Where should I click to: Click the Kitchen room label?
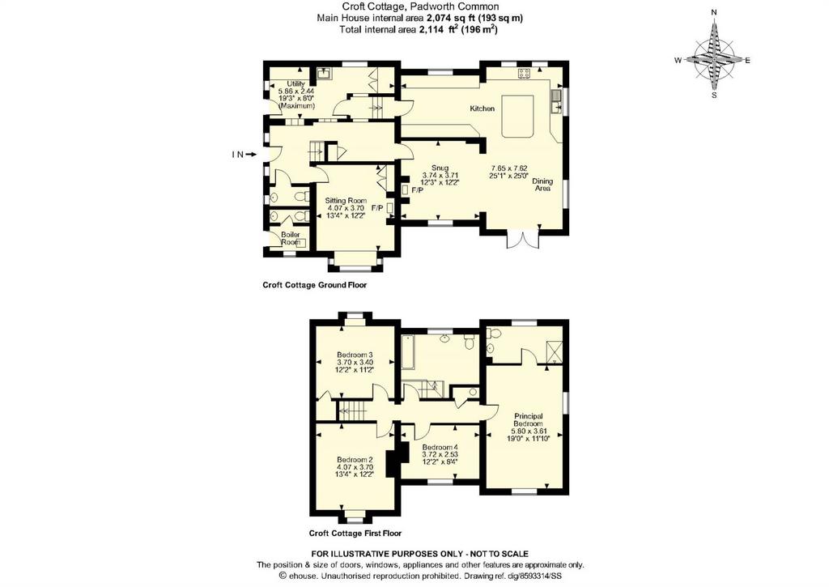click(x=483, y=108)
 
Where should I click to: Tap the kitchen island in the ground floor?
click(x=518, y=116)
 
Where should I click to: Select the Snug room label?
click(x=440, y=168)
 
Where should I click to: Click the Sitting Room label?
click(x=346, y=201)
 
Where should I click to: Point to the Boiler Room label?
click(x=291, y=239)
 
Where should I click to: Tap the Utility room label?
click(x=296, y=84)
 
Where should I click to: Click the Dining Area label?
click(x=542, y=185)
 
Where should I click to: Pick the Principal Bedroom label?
click(x=528, y=420)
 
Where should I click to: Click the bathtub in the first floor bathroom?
click(x=408, y=352)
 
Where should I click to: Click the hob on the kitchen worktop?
click(x=524, y=74)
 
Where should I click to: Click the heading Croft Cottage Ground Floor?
click(x=315, y=285)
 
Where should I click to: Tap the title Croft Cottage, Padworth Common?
click(x=420, y=6)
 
